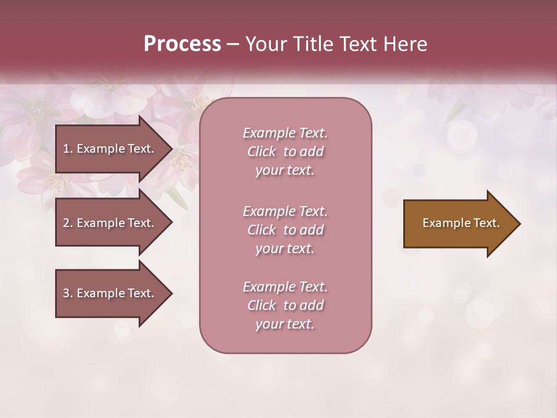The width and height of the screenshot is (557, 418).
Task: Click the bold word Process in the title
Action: [x=182, y=44]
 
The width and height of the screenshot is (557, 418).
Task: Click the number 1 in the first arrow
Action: [x=66, y=149]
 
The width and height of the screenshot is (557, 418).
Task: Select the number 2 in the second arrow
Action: [x=66, y=223]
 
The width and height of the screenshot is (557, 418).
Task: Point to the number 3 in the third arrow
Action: [x=66, y=293]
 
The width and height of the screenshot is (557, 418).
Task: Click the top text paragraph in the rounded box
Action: [x=285, y=152]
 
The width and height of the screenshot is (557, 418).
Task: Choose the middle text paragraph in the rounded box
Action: [x=285, y=230]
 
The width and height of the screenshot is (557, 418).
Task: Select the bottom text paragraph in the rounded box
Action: [x=285, y=305]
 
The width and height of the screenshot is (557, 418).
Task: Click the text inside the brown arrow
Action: [x=461, y=223]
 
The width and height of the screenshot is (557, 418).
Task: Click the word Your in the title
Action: [x=265, y=44]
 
